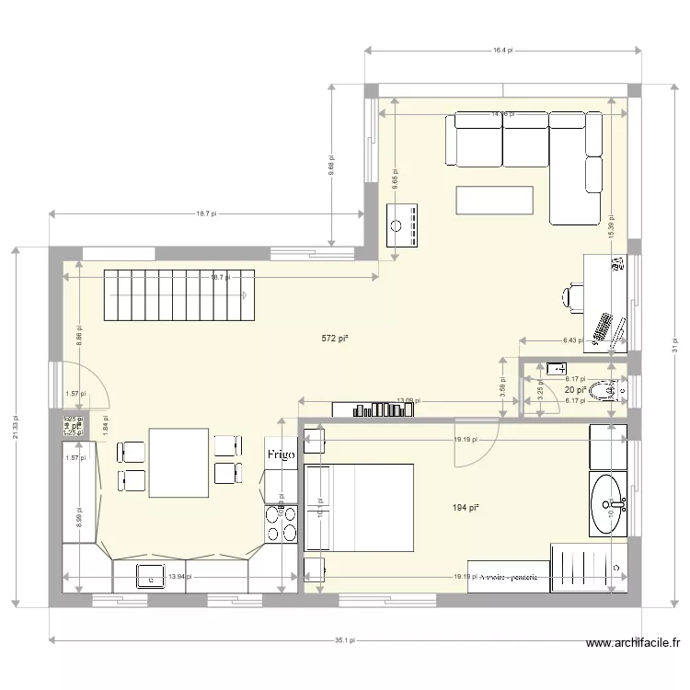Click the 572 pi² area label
click(334, 339)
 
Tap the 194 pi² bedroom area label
click(466, 507)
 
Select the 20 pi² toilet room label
click(576, 391)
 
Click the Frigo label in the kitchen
click(282, 454)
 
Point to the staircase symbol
click(178, 295)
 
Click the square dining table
click(179, 463)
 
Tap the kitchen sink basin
click(147, 576)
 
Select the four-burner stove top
click(281, 524)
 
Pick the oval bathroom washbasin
click(609, 503)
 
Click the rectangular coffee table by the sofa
click(495, 200)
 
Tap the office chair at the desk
click(573, 296)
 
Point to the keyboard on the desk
click(604, 328)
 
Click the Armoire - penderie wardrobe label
click(508, 577)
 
